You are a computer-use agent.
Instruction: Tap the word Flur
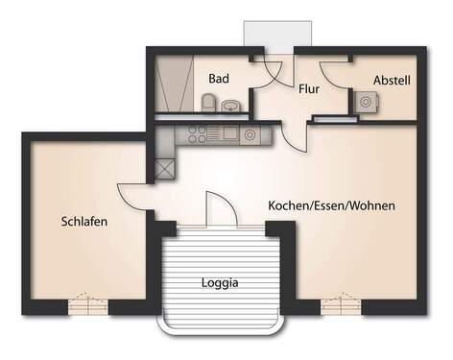coord(309,87)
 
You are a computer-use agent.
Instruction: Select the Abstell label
coord(392,81)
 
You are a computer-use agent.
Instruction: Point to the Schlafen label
coord(84,221)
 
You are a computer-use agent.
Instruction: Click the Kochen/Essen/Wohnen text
coord(332,205)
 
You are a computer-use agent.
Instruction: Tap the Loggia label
coord(220,283)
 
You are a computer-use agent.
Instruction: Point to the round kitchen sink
coord(251,135)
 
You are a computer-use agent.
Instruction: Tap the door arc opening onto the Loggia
coord(216,206)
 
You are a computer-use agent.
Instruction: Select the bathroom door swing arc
coord(271,72)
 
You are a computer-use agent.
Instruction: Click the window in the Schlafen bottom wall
coord(88,305)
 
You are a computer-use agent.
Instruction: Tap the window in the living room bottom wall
coord(342,305)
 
